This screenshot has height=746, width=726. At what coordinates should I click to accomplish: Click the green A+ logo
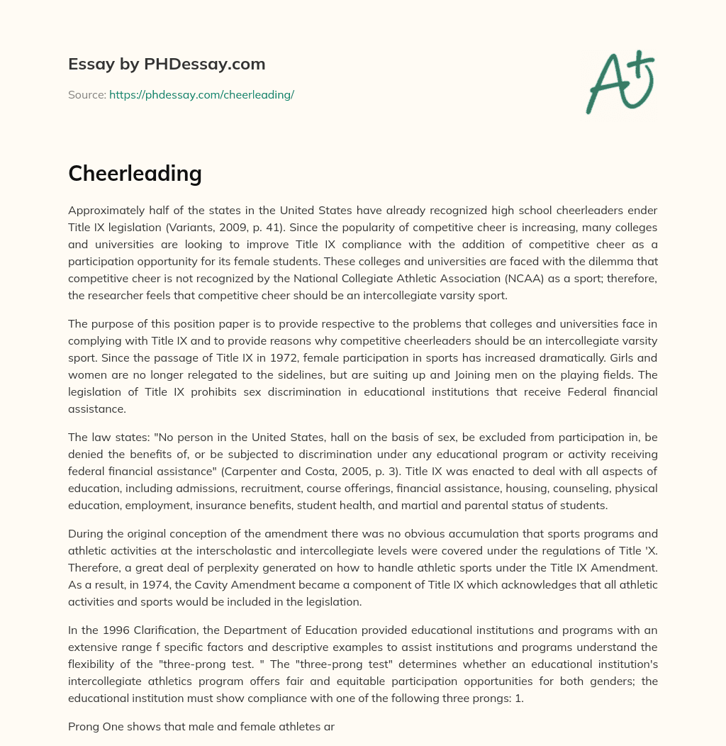click(620, 82)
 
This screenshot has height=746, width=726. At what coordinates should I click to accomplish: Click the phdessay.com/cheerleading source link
click(201, 94)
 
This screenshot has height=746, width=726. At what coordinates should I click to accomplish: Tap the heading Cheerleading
click(135, 173)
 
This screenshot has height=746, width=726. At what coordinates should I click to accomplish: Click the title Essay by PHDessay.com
click(167, 64)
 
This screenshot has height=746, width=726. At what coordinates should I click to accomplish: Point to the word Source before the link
click(86, 94)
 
